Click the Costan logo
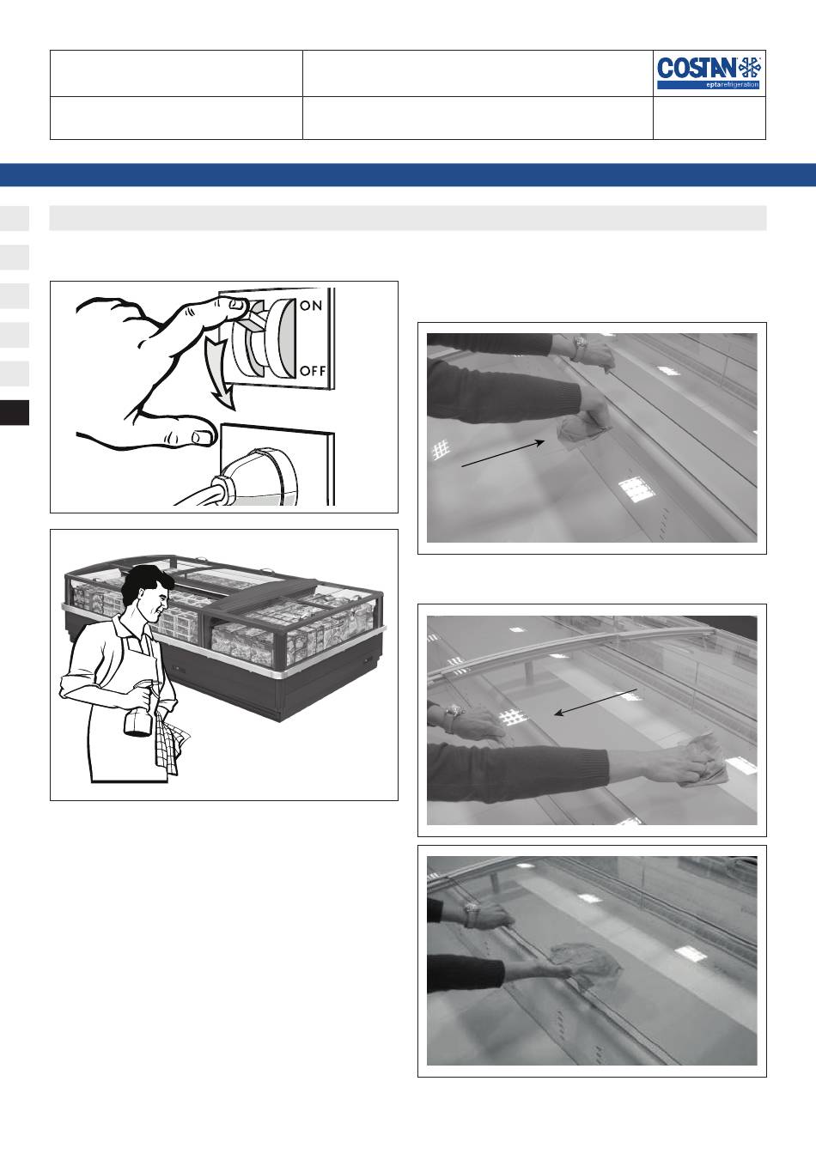click(709, 73)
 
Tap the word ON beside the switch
click(311, 306)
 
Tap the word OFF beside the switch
click(313, 370)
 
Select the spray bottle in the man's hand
click(138, 707)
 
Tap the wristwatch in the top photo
click(580, 349)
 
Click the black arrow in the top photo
click(503, 453)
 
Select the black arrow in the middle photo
click(596, 702)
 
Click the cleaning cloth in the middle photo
click(702, 761)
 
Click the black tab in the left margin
click(15, 413)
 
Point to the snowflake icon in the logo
click(751, 68)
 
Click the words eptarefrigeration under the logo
click(732, 84)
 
